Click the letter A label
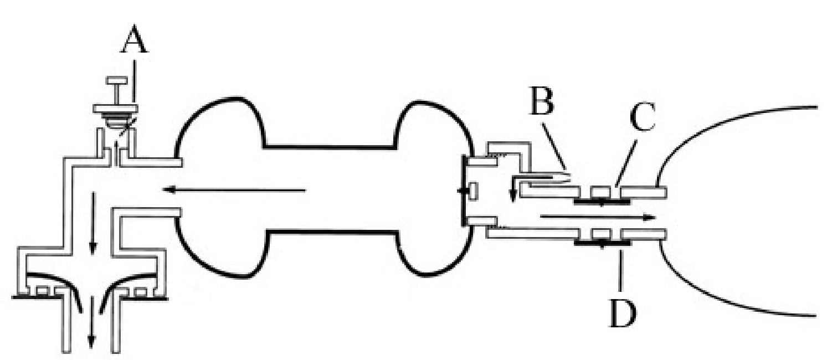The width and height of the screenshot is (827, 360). click(x=135, y=39)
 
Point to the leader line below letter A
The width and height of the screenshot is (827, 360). click(x=135, y=82)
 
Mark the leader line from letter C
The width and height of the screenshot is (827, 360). click(x=626, y=164)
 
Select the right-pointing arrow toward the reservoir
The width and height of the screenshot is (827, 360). click(x=597, y=217)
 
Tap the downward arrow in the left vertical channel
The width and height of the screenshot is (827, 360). click(x=93, y=223)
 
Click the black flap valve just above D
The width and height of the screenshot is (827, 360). click(x=603, y=243)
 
